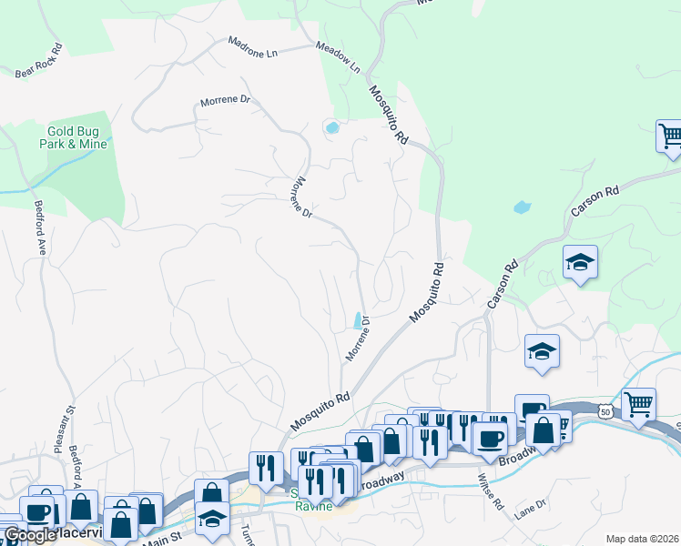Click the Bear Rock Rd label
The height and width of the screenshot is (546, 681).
(x=38, y=62)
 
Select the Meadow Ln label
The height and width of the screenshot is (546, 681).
(x=338, y=57)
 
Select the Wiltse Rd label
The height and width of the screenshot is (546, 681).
(x=492, y=490)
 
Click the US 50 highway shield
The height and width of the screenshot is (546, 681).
(x=605, y=412)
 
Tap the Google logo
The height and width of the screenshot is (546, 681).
(x=29, y=536)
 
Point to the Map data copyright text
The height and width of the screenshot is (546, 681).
(x=642, y=539)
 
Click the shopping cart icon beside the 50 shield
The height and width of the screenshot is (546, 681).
(x=638, y=403)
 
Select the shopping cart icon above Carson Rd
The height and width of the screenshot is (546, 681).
(x=670, y=136)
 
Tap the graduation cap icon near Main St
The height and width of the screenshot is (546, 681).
(x=211, y=520)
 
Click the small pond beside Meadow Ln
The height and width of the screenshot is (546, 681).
(x=332, y=127)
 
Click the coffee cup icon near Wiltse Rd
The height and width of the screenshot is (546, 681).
(x=489, y=438)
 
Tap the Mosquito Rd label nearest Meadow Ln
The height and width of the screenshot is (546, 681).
(x=388, y=116)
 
